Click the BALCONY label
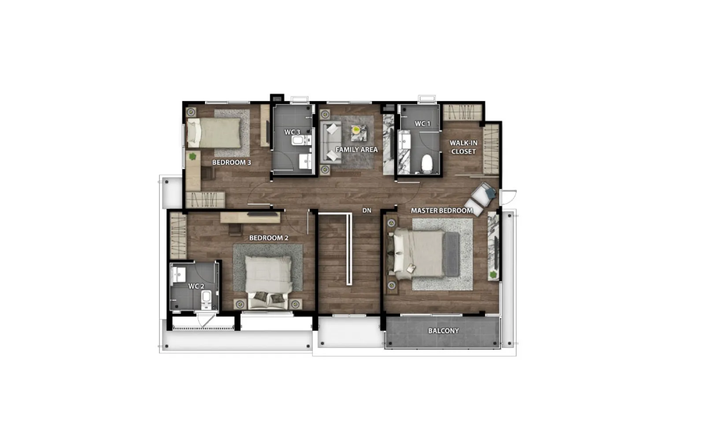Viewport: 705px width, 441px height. click(443, 331)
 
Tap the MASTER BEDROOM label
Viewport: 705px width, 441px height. click(442, 210)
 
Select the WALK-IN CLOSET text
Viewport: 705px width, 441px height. click(464, 147)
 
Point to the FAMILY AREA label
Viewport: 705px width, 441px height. click(356, 149)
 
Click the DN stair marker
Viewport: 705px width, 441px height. click(367, 210)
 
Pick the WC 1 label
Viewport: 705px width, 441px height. click(423, 124)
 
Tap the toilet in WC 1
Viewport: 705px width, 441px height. click(427, 164)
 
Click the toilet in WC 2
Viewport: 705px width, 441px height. click(206, 299)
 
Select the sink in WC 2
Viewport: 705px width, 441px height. click(179, 275)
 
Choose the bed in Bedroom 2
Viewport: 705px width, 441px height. click(268, 273)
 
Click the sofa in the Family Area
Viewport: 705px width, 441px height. click(331, 142)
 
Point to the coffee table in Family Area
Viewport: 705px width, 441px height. click(359, 133)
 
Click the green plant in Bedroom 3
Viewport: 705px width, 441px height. click(193, 156)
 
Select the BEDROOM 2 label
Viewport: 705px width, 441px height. click(269, 238)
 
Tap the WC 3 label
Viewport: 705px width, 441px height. click(292, 132)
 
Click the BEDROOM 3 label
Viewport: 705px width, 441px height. click(232, 163)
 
